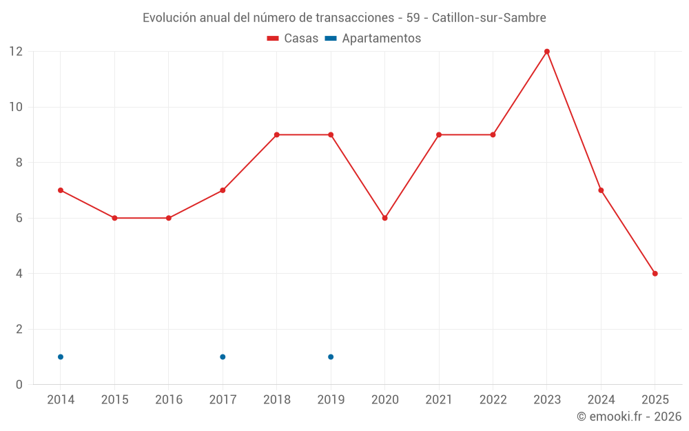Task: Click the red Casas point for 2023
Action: (x=547, y=52)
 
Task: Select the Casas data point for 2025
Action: (x=655, y=274)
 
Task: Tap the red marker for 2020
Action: (x=385, y=218)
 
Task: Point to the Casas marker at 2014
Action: (x=61, y=190)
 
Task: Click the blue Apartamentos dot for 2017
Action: (x=223, y=357)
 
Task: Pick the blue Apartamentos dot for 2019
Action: (x=331, y=357)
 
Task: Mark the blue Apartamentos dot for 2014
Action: (x=61, y=357)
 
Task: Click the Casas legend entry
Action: (x=293, y=39)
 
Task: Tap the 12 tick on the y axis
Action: (x=16, y=52)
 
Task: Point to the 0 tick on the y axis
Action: (x=19, y=384)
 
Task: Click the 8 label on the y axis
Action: (x=19, y=163)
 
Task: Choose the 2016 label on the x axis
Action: (x=169, y=400)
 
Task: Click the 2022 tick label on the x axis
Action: (x=493, y=400)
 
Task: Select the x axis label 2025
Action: (x=655, y=400)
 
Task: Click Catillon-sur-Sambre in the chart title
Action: (x=489, y=18)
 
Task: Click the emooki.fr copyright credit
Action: (x=629, y=417)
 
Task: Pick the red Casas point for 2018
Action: (x=277, y=134)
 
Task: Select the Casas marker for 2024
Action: (x=601, y=190)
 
